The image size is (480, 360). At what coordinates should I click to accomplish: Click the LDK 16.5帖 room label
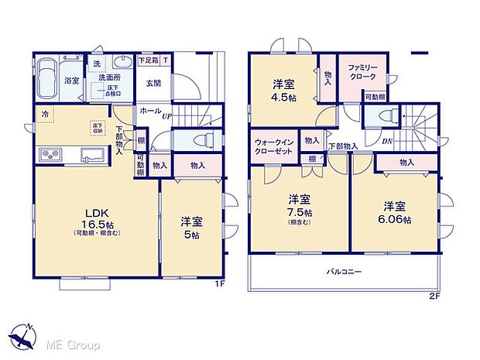(x=92, y=218)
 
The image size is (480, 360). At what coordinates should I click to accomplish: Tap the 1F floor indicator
(x=220, y=283)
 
